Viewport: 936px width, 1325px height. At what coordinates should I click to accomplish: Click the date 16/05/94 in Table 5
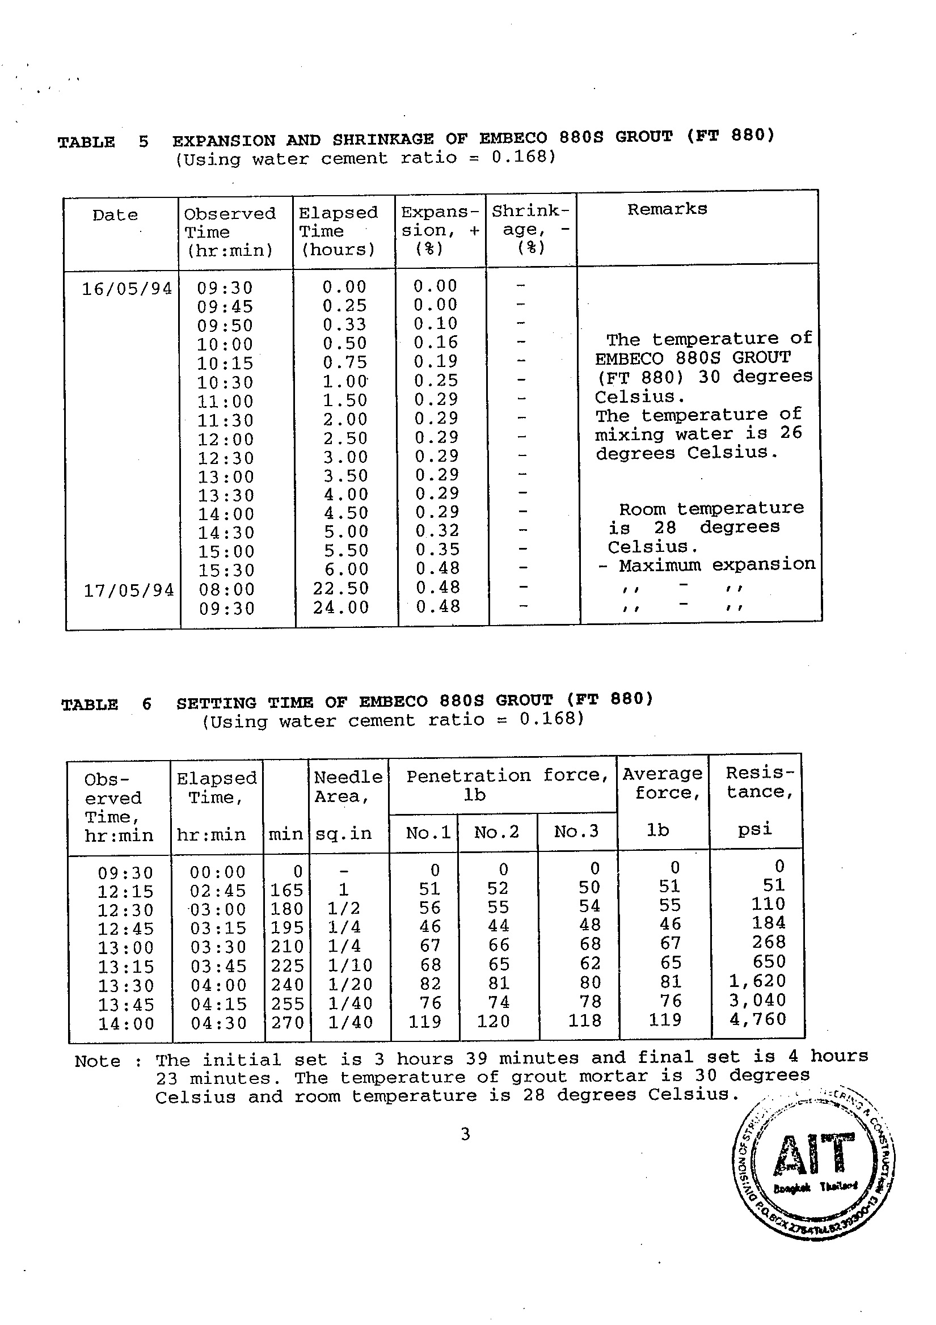pos(127,288)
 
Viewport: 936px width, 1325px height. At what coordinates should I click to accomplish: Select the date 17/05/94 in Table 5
pos(129,590)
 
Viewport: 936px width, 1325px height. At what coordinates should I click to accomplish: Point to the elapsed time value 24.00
pos(340,607)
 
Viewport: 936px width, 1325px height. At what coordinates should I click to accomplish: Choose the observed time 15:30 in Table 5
pos(226,570)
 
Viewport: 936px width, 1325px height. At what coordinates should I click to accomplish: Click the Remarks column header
pos(667,209)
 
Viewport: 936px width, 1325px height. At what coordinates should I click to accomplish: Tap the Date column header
pos(115,215)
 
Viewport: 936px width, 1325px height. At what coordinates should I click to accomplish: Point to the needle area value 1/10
pos(349,965)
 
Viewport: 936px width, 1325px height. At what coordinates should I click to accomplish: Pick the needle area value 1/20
pos(349,984)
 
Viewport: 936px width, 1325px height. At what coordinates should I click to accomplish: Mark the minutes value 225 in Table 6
pos(287,965)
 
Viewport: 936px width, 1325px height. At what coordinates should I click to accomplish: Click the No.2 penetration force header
pos(496,832)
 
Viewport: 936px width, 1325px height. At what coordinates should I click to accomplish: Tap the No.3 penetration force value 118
pos(584,1020)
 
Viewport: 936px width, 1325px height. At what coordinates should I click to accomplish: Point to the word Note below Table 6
pos(97,1061)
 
